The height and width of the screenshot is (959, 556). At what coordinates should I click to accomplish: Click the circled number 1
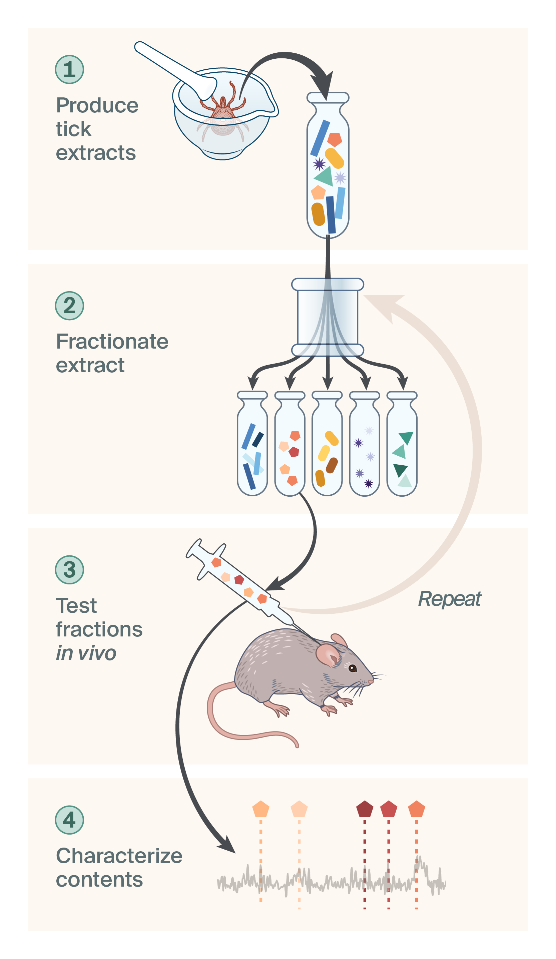click(x=69, y=70)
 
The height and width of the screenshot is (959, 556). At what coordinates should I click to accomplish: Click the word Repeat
click(x=449, y=599)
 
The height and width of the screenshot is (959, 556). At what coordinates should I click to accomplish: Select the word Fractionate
click(x=112, y=341)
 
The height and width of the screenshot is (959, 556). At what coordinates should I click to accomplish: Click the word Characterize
click(x=119, y=856)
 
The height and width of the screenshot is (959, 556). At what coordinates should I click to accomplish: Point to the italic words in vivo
click(x=86, y=653)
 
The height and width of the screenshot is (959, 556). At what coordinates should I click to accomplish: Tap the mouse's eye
click(x=353, y=668)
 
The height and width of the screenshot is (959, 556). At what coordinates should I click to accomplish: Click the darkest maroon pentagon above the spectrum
click(x=365, y=810)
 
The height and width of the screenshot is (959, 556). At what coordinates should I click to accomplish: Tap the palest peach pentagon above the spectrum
click(x=299, y=810)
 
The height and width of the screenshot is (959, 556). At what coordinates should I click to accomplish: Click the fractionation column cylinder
click(x=328, y=318)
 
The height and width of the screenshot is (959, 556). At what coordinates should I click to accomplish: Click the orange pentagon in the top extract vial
click(x=335, y=140)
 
